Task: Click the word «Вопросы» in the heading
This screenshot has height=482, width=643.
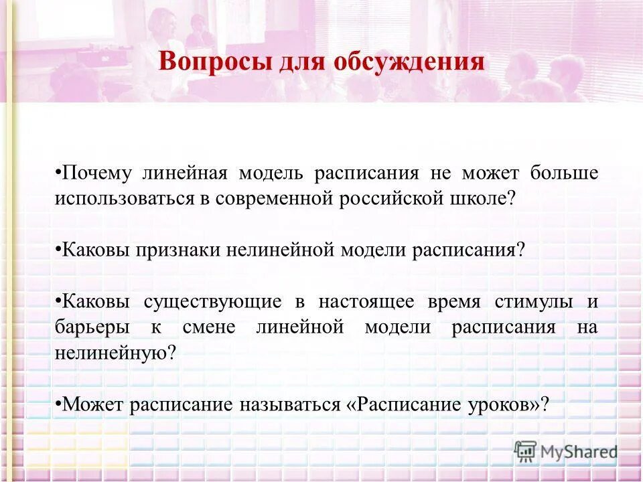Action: pyautogui.click(x=205, y=62)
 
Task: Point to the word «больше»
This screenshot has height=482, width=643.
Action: pyautogui.click(x=565, y=173)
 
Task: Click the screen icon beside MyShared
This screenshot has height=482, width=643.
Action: pyautogui.click(x=526, y=452)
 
